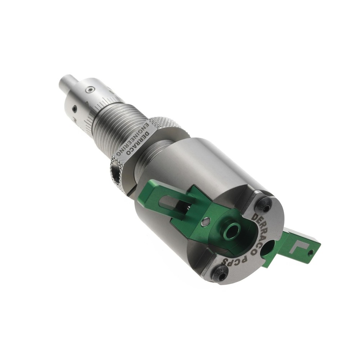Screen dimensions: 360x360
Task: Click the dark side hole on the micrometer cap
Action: (x=74, y=108)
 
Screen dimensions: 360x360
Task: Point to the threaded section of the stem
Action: (x=115, y=126)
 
